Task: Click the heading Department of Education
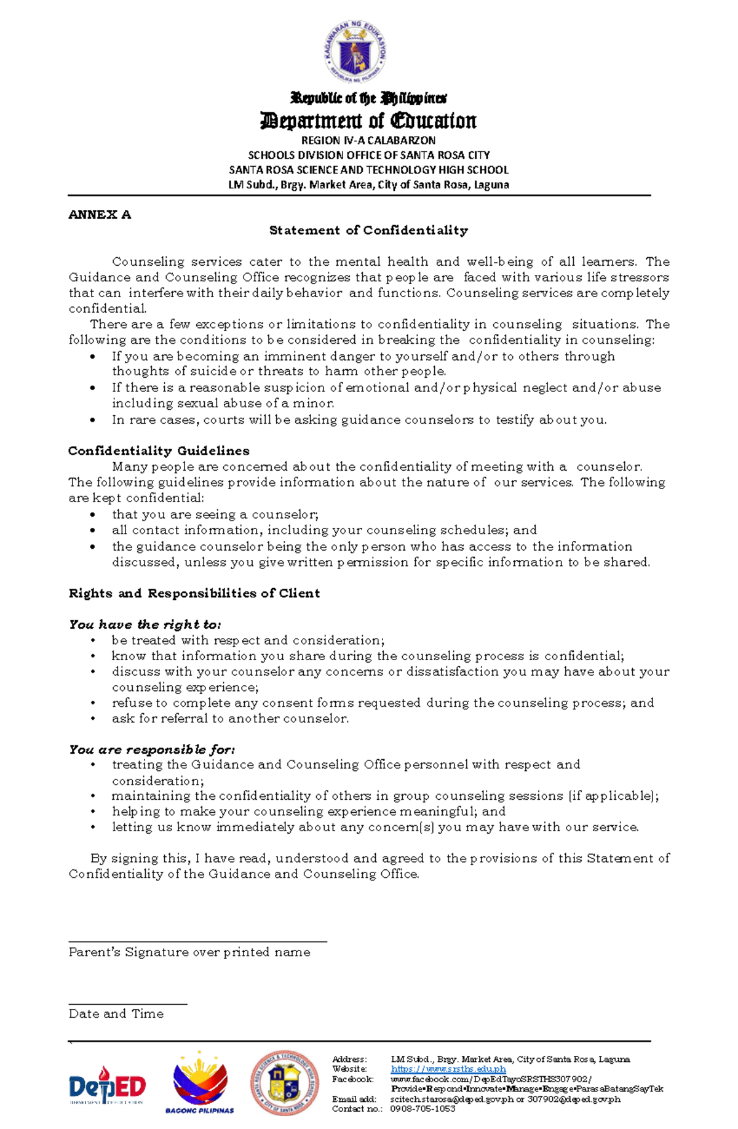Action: click(x=368, y=121)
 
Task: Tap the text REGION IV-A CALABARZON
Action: click(x=368, y=140)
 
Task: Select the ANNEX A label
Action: click(x=100, y=215)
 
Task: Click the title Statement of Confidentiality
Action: click(x=368, y=230)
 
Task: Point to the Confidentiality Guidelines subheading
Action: click(x=159, y=451)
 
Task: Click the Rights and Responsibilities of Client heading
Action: click(x=194, y=593)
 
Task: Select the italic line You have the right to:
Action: click(x=145, y=624)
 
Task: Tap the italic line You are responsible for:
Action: click(x=152, y=749)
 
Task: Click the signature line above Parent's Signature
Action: click(x=197, y=941)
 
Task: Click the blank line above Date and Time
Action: click(x=128, y=1003)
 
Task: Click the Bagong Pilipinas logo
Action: click(x=200, y=1083)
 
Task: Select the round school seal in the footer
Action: click(x=285, y=1083)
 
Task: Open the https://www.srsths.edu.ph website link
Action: click(x=448, y=1069)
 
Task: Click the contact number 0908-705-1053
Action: click(x=423, y=1108)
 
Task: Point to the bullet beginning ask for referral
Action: click(x=230, y=719)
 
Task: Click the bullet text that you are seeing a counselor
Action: click(x=215, y=514)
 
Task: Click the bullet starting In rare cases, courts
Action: click(x=359, y=420)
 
